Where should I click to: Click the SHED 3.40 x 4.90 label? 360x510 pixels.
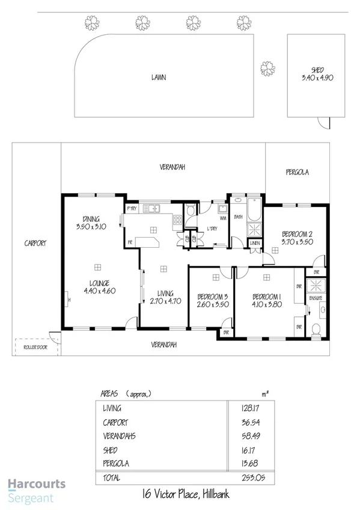click(x=316, y=73)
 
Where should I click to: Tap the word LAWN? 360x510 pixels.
click(x=159, y=77)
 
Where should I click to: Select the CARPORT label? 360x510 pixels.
click(x=35, y=244)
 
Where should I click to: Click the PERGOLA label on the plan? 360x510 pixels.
click(x=296, y=172)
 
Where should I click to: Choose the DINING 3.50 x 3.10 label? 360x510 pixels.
click(x=91, y=223)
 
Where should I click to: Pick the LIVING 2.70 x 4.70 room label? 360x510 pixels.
click(x=165, y=298)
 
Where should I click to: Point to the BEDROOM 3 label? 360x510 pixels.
click(x=212, y=301)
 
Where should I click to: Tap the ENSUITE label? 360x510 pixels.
click(x=316, y=298)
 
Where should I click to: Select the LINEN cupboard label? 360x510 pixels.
click(x=255, y=242)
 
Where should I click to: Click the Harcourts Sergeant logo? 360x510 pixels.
click(x=36, y=490)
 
